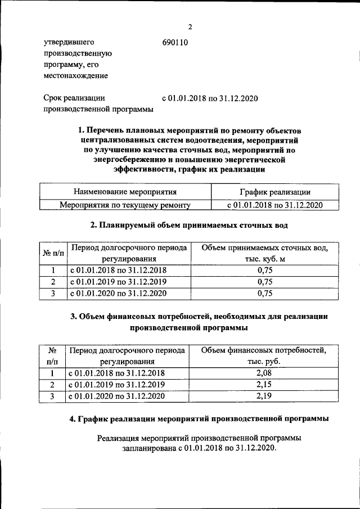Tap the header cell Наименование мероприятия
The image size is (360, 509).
pos(125,193)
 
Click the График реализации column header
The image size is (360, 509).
pos(274,193)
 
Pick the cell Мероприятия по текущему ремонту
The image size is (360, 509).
pos(125,205)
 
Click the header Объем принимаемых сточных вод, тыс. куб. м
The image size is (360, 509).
pos(263,253)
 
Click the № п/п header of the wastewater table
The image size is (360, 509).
pos(53,253)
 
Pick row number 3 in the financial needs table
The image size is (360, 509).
pos(52,397)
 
